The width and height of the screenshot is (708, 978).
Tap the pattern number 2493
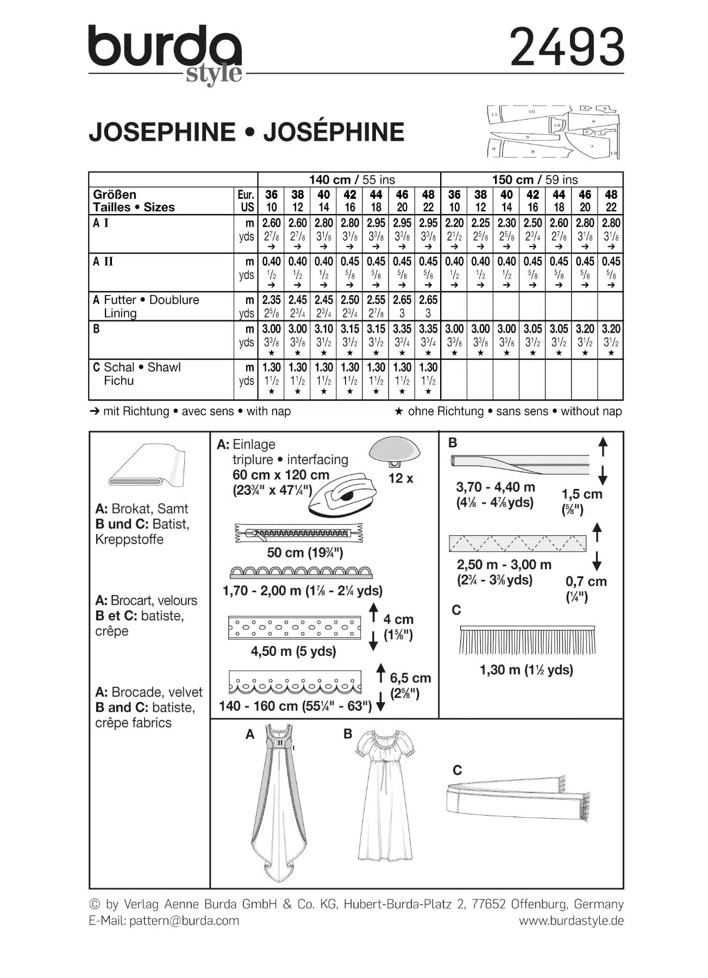[567, 47]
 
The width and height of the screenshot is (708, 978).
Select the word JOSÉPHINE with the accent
[334, 132]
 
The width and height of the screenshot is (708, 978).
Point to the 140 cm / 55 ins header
[352, 180]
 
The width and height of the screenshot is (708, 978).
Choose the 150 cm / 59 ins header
[535, 180]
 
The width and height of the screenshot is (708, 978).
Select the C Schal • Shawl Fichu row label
[136, 374]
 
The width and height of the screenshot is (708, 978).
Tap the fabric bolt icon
[147, 467]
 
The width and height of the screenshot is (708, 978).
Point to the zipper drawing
[298, 533]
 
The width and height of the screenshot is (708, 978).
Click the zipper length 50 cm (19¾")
[305, 553]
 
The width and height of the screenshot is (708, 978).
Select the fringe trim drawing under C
[527, 641]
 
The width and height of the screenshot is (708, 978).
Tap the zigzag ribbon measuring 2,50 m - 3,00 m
[517, 543]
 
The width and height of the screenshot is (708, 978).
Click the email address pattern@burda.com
[184, 920]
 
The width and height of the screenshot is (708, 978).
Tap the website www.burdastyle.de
[571, 920]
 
